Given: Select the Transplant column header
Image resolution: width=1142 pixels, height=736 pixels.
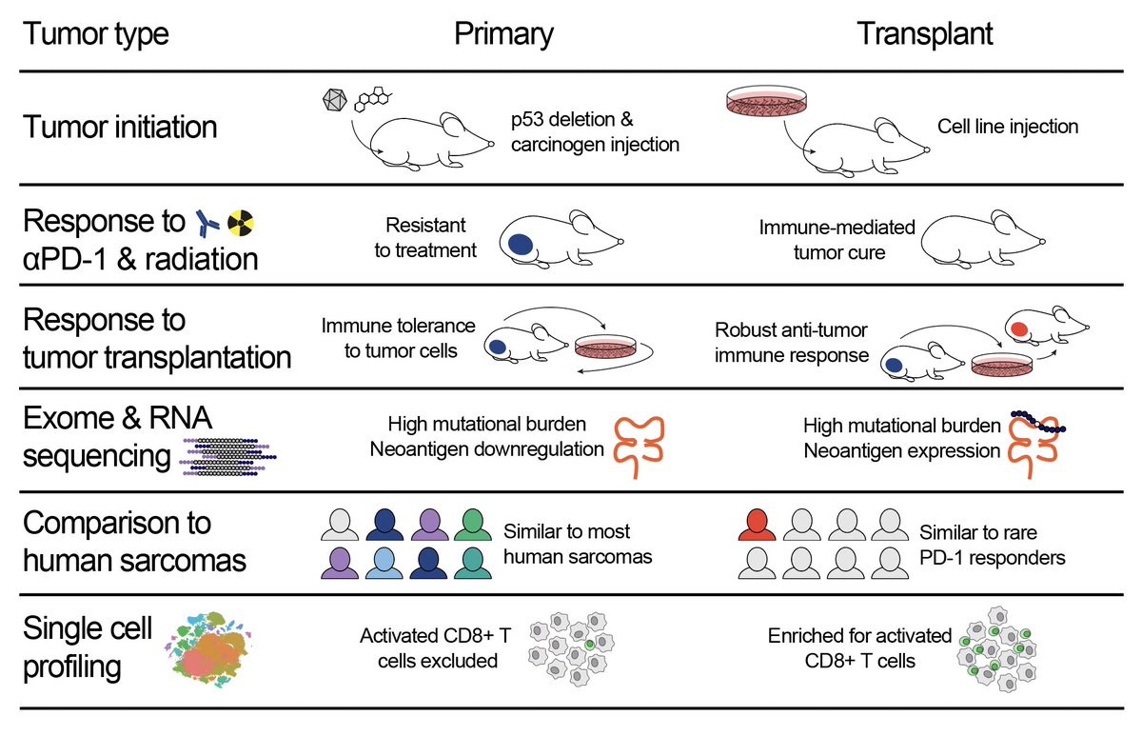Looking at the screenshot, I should pos(925,34).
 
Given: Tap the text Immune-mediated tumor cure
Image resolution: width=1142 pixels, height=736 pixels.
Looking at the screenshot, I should pos(837,238).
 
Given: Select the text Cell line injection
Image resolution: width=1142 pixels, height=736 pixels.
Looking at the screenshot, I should pos(1007,127).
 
